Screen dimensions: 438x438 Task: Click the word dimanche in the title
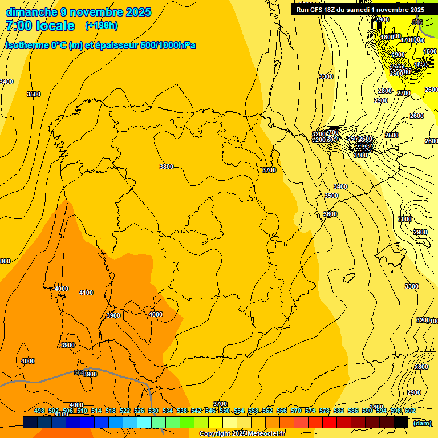31,12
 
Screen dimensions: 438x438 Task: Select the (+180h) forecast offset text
101,26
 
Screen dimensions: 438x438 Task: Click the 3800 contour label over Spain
166,167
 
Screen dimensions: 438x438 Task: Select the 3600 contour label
330,214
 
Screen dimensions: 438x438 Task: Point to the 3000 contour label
405,219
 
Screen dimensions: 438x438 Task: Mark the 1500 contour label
431,51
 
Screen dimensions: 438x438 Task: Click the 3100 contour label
360,155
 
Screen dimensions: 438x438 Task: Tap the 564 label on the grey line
80,372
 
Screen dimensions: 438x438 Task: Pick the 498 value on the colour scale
39,411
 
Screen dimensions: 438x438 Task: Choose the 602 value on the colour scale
410,411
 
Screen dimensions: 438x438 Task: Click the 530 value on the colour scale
153,411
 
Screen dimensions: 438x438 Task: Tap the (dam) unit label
423,423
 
